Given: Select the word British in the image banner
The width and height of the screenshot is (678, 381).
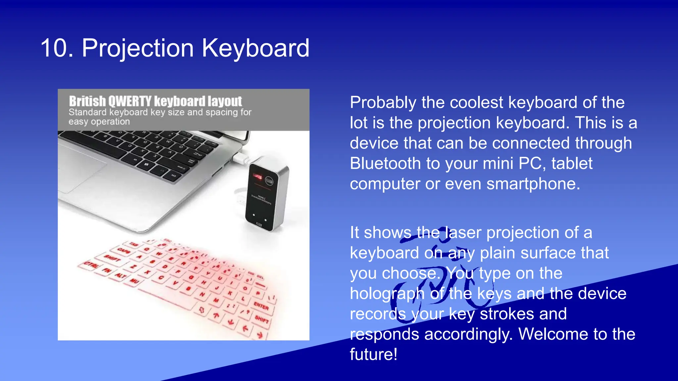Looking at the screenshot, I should click(87, 101).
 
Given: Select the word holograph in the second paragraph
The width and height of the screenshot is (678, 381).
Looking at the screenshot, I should click(387, 294).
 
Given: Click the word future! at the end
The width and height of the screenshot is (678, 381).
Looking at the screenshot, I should click(373, 355).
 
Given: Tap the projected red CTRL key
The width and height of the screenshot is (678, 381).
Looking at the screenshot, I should click(91, 265).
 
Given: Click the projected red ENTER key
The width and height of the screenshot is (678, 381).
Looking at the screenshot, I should click(261, 306).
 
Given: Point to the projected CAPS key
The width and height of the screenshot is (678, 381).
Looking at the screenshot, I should click(124, 251).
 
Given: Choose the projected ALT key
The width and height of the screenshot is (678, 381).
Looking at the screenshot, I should click(121, 276).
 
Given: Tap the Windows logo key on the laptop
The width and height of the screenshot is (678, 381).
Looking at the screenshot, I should click(146, 164).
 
